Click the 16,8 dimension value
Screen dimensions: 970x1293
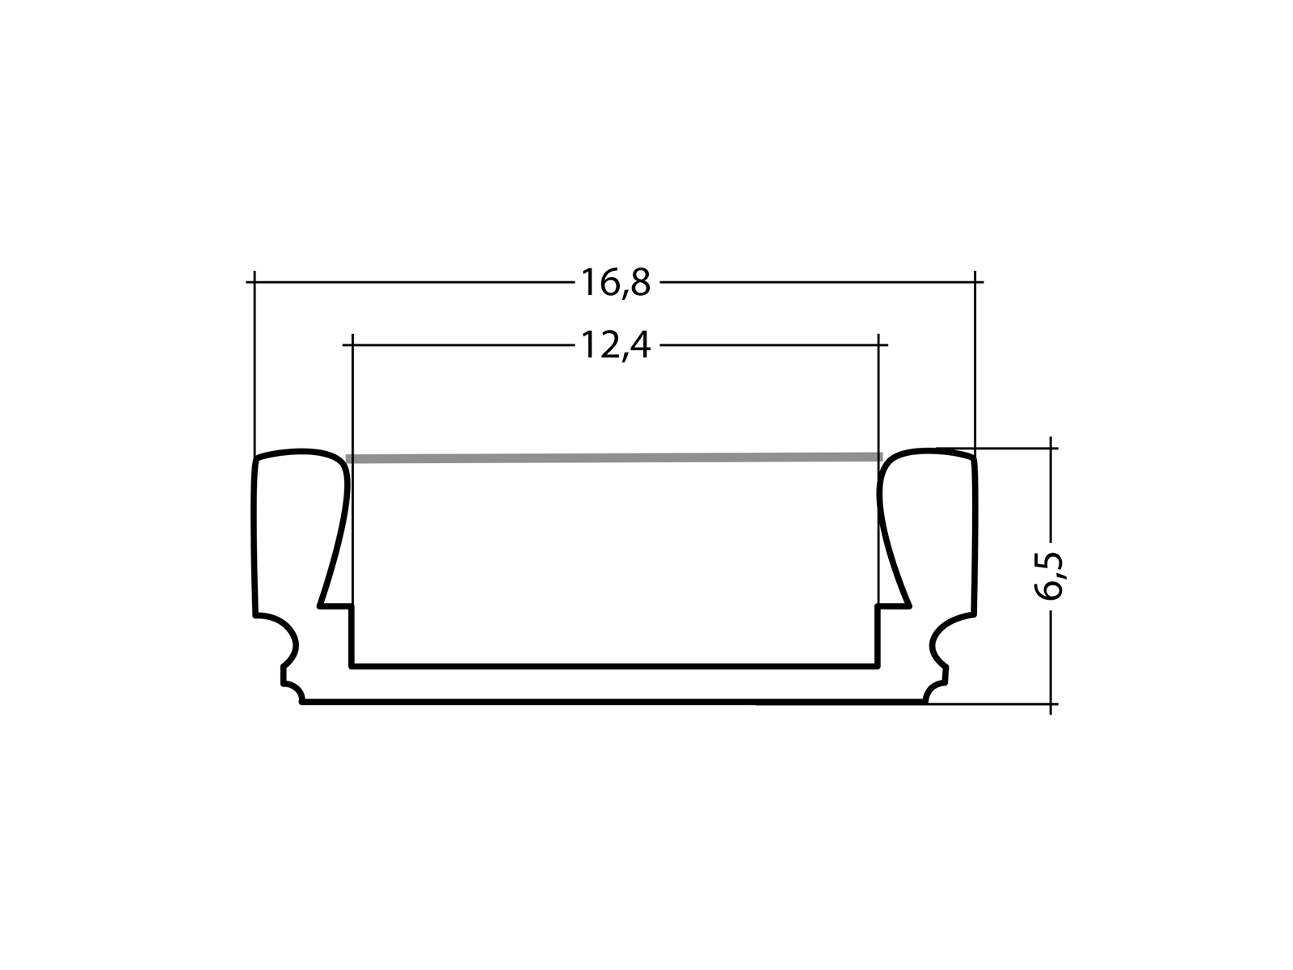pos(615,283)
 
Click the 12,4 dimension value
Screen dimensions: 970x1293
pos(615,346)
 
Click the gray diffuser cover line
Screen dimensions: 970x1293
pos(614,458)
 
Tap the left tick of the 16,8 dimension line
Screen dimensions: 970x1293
pos(255,282)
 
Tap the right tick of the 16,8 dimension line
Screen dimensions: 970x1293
pos(975,282)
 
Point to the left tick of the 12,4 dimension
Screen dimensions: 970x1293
pos(353,345)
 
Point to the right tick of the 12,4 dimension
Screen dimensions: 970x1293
pos(878,345)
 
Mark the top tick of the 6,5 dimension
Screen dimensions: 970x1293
pos(1051,446)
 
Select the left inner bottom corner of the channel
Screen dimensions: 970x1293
pos(352,666)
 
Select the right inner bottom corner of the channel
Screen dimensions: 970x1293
pos(878,666)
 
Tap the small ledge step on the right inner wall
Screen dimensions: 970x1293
pos(893,605)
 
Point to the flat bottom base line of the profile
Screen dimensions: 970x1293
pos(614,702)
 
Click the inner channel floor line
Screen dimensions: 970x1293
pos(614,667)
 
